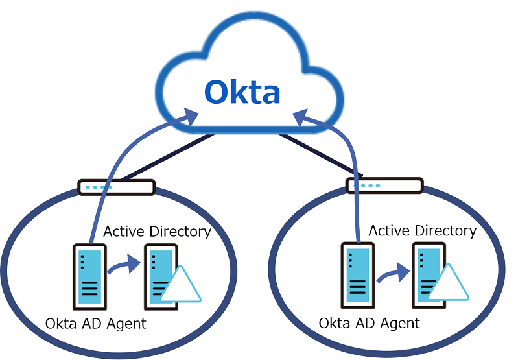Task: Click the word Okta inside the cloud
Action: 242,92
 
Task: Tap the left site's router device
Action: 117,187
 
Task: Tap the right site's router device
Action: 384,186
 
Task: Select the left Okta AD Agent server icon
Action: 89,275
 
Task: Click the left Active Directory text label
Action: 157,232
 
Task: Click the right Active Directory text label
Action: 422,230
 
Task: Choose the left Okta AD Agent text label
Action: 95,323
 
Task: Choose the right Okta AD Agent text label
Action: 370,323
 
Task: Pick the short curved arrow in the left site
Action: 123,266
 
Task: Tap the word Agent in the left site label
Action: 128,324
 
